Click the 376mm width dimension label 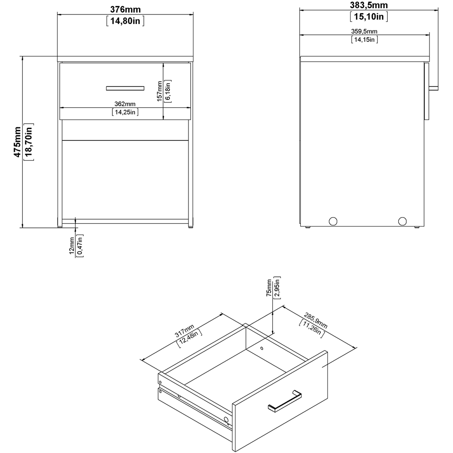125,9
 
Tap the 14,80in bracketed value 125,21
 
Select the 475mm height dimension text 17,142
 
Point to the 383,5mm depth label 369,5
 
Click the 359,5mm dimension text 364,31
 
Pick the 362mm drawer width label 125,104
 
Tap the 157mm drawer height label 159,92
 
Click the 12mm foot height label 72,246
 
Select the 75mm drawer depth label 269,288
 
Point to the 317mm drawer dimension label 185,331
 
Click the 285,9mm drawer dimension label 316,320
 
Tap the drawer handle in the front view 125,88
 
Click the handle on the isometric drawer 285,401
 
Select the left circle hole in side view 333,222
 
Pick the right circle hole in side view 402,222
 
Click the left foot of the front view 59,226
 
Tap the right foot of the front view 191,226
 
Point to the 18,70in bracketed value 29,142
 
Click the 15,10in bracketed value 369,16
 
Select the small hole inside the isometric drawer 262,348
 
